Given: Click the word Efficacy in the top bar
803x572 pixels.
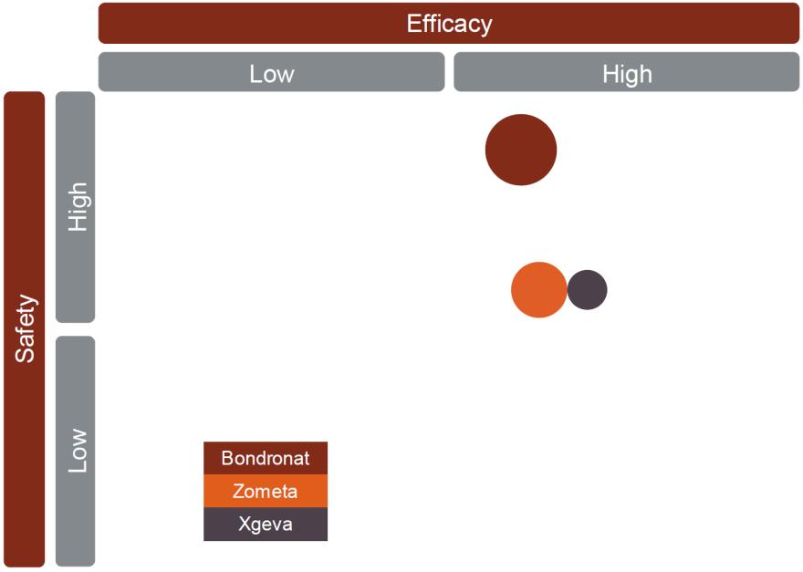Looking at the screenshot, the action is point(449,24).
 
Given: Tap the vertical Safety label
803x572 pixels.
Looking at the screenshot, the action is point(25,328).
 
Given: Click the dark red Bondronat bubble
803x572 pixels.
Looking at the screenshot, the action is point(521,150).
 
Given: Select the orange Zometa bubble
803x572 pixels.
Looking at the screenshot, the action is point(538,290).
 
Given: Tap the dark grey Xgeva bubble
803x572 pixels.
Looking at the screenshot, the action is point(587,290).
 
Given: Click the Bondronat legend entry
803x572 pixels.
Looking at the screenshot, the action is point(266,458).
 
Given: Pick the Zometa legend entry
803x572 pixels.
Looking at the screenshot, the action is point(266,491).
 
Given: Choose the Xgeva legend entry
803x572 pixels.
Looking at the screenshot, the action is point(266,524).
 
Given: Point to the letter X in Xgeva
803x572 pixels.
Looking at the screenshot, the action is point(245,524).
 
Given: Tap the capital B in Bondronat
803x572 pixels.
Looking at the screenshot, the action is point(227,458).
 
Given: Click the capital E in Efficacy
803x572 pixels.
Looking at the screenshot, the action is point(413,24).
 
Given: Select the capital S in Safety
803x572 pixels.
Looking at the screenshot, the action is point(26,355).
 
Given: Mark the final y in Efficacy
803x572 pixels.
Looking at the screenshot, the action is point(486,27).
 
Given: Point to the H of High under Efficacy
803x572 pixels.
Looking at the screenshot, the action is point(610,74).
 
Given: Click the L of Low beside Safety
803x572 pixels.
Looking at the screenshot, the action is point(78,465).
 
